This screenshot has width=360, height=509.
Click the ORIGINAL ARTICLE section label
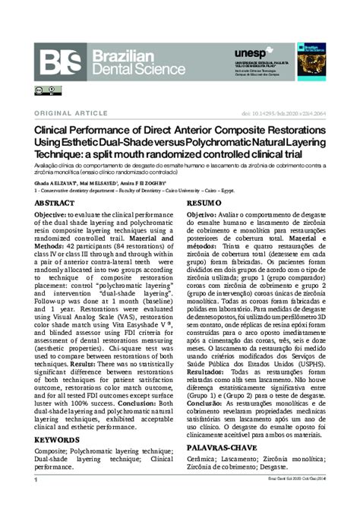(66, 112)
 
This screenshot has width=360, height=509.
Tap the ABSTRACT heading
(55, 204)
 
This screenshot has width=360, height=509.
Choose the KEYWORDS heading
(57, 439)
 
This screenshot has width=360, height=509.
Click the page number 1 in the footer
(36, 502)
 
